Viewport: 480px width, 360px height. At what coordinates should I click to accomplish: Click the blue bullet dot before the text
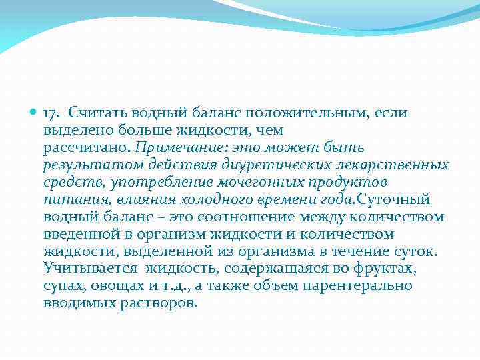(x=33, y=113)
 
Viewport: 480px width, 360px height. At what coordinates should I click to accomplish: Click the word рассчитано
(x=87, y=147)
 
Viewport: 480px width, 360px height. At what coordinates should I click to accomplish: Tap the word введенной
(x=81, y=234)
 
